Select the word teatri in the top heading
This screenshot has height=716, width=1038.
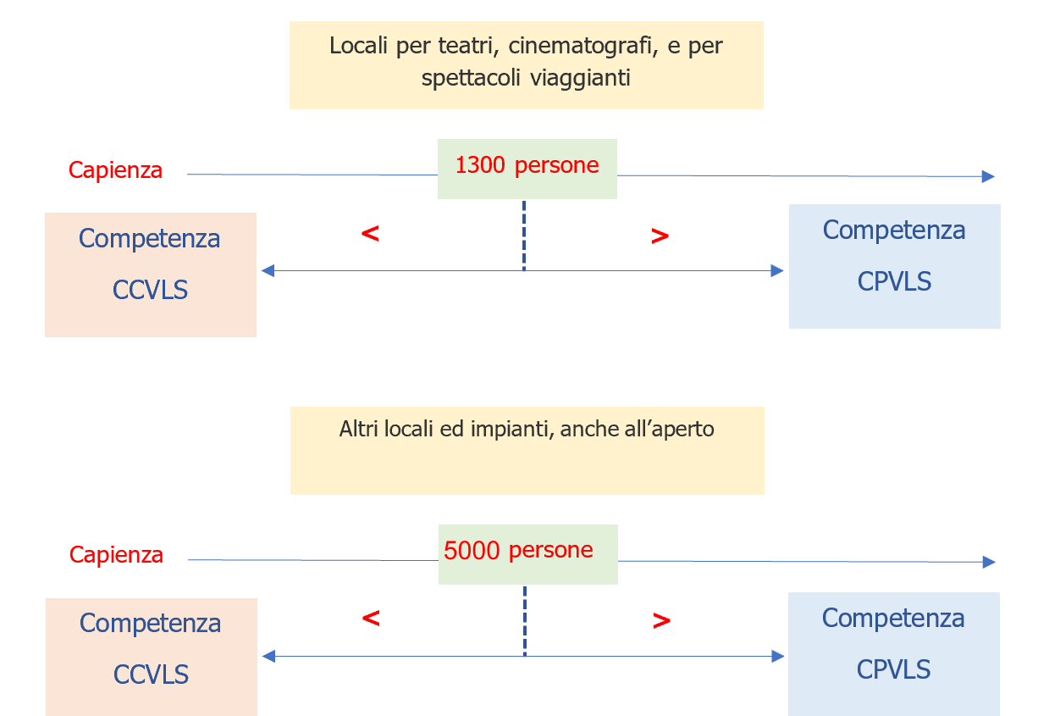[x=453, y=46]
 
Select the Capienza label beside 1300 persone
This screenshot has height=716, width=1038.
[x=115, y=170]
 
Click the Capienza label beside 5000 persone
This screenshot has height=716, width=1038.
[x=116, y=556]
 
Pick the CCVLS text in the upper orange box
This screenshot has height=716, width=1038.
[x=150, y=291]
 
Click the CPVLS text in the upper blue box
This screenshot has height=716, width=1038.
[x=894, y=282]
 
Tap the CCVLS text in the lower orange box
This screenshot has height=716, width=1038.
[x=151, y=675]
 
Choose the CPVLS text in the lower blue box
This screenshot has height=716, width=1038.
[x=893, y=670]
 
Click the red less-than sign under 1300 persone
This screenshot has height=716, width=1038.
[x=370, y=234]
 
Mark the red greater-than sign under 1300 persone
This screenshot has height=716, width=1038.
[x=660, y=237]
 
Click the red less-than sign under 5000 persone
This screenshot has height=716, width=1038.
[x=371, y=619]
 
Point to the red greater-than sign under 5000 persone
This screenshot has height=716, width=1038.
[x=661, y=621]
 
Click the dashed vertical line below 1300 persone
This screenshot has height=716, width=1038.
[x=524, y=236]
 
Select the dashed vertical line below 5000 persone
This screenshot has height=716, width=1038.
[x=525, y=620]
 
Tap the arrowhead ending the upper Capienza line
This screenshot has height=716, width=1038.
[x=987, y=176]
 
